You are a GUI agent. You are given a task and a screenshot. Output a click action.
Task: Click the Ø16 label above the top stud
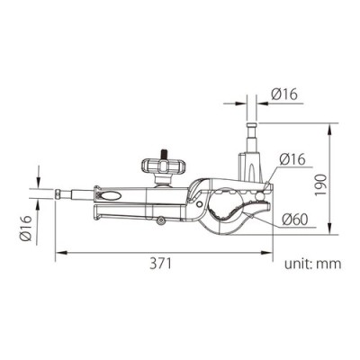click(x=286, y=93)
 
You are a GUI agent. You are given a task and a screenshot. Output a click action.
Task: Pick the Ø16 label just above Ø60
click(x=295, y=159)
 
